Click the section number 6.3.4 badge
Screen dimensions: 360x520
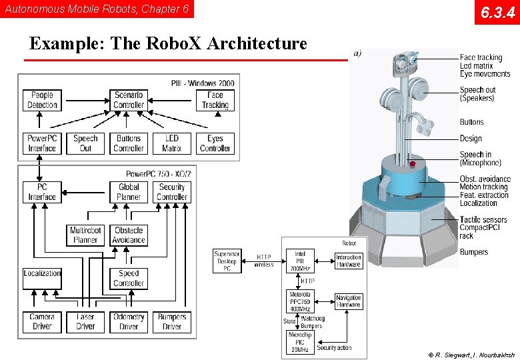497,12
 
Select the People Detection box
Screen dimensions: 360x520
42,100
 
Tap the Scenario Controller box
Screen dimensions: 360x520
129,100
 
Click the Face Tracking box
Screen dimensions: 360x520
215,100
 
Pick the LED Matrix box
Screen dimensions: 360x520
171,143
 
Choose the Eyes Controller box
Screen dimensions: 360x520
215,143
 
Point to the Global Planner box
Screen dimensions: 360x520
129,192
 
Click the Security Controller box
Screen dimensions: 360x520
172,192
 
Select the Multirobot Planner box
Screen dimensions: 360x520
85,235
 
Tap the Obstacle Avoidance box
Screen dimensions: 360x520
129,235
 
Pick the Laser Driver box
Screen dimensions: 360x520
85,321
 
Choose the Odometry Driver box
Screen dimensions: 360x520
129,321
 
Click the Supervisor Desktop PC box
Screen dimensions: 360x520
227,261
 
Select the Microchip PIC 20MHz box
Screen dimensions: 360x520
300,342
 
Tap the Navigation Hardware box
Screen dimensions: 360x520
348,301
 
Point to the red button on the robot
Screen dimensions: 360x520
413,164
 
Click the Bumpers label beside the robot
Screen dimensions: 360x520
473,252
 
